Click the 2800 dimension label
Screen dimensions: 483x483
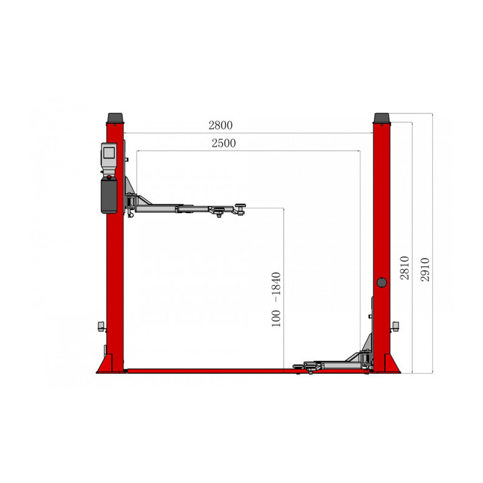[220, 126]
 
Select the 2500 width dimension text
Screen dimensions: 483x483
[223, 143]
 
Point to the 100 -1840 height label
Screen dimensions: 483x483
[277, 299]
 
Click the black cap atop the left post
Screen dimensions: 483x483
[115, 117]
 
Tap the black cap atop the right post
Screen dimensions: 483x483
[382, 117]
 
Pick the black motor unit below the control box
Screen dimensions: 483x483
[109, 194]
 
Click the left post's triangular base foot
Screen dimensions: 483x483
[104, 365]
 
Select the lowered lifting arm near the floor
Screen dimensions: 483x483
[329, 365]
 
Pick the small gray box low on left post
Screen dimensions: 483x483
[100, 327]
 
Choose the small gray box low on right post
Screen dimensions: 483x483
[396, 326]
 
